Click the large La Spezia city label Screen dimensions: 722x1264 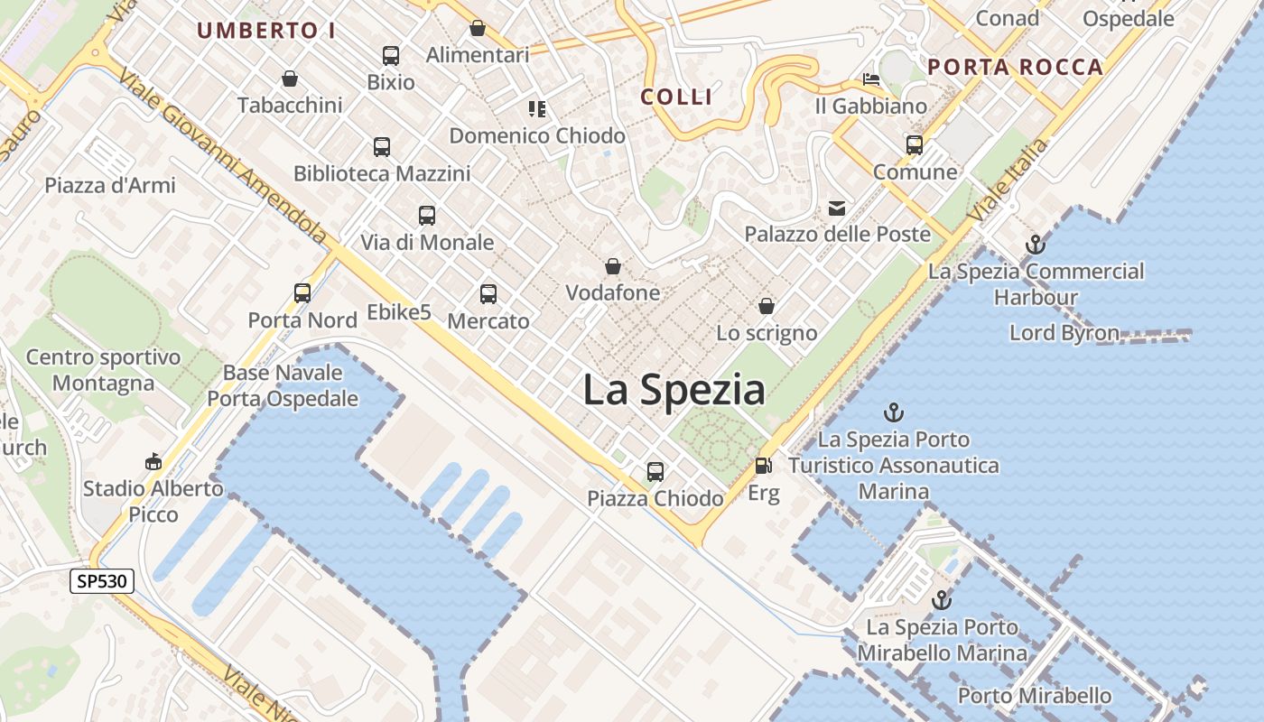click(x=674, y=390)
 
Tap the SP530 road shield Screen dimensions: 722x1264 click(x=102, y=581)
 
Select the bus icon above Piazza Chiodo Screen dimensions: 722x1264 click(x=655, y=471)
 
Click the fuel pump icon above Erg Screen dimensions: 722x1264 click(x=763, y=466)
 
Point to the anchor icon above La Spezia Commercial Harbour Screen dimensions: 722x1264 click(x=1036, y=244)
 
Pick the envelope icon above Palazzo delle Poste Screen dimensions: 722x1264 click(x=837, y=209)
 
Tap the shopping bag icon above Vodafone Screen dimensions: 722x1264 click(x=613, y=267)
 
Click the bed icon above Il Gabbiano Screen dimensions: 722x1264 click(x=871, y=79)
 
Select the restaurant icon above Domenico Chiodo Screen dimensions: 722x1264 click(x=537, y=109)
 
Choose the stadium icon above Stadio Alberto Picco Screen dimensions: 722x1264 click(x=153, y=461)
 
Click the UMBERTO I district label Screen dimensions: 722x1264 click(x=266, y=31)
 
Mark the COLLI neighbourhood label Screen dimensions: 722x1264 click(x=677, y=97)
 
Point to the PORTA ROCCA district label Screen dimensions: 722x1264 click(x=1016, y=67)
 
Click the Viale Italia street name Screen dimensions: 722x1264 click(x=1008, y=180)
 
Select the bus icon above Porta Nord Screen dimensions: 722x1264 click(x=302, y=293)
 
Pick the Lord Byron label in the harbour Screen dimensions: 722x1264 click(x=1064, y=333)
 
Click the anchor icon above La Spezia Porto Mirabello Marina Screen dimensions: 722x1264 click(x=942, y=600)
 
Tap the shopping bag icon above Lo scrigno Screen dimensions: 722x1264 click(x=767, y=307)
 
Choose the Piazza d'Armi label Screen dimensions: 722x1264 click(x=110, y=185)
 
